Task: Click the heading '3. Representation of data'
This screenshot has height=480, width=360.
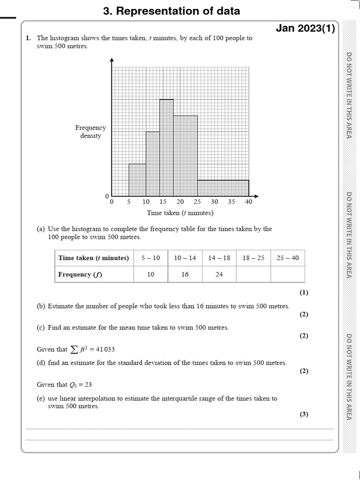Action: click(x=171, y=11)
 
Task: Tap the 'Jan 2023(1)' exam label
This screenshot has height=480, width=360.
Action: click(x=305, y=29)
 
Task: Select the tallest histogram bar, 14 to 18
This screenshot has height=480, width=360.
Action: click(x=166, y=148)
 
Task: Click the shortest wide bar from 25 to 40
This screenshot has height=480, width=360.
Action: click(x=223, y=188)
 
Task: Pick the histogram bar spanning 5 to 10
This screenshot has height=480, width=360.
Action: click(x=137, y=180)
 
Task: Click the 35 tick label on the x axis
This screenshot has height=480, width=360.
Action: click(x=232, y=202)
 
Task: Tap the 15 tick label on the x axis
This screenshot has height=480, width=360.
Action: click(x=163, y=202)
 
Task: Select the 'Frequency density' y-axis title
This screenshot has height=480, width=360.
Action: click(x=90, y=132)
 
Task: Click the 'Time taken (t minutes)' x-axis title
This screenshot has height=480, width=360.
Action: click(x=180, y=213)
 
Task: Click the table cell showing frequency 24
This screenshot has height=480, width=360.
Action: click(x=219, y=275)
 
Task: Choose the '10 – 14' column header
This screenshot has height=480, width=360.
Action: click(x=185, y=258)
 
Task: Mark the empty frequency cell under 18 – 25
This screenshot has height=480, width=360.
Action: click(x=253, y=275)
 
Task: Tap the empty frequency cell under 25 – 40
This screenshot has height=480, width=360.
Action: click(x=287, y=275)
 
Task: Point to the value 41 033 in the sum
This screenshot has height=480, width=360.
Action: click(x=104, y=349)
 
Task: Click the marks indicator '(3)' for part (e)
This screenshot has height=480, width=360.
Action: click(x=304, y=414)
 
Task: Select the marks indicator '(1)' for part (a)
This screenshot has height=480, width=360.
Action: click(x=304, y=292)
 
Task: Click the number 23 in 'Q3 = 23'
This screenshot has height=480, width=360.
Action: click(x=88, y=385)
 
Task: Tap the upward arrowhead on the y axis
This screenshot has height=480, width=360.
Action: click(x=112, y=60)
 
